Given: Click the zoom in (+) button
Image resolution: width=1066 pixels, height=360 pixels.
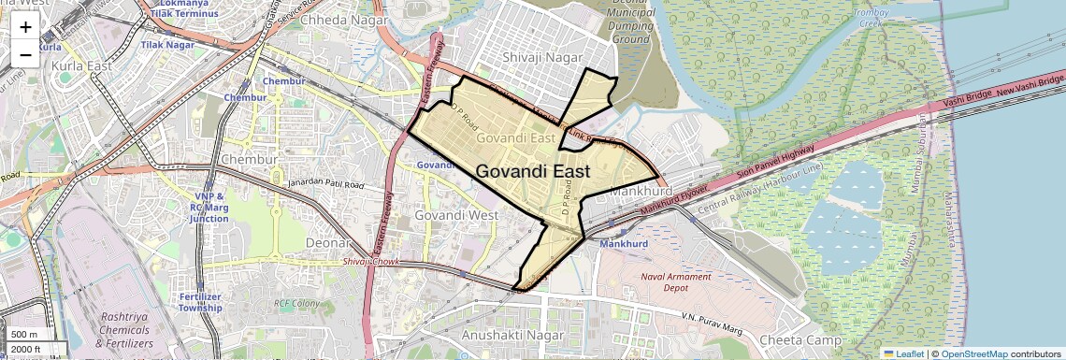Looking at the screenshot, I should click(25, 27).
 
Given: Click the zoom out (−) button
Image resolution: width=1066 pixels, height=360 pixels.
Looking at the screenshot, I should click(25, 54).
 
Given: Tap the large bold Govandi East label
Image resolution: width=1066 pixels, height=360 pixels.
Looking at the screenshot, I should click(533, 172).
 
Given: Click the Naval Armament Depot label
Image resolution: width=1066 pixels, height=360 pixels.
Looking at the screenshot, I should click(676, 283).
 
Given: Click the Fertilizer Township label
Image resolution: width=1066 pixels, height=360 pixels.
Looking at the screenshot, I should click(200, 302).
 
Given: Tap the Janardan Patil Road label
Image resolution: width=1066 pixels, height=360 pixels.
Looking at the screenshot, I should click(325, 184).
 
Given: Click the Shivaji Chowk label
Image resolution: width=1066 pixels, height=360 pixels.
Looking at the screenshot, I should click(371, 262).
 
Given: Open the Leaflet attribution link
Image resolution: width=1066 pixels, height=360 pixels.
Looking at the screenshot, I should click(903, 353).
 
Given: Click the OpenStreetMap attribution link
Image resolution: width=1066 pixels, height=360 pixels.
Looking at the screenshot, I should click(973, 353).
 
